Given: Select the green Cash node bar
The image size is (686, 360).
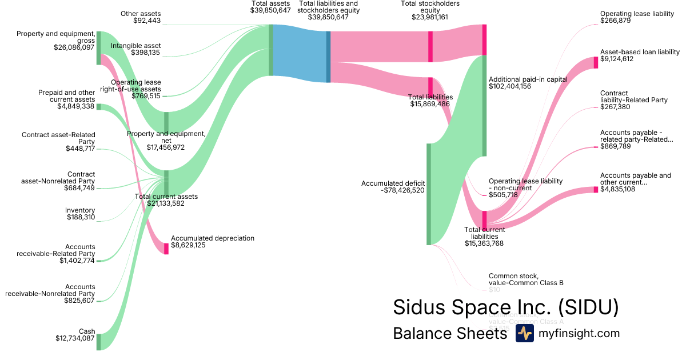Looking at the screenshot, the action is point(98,341).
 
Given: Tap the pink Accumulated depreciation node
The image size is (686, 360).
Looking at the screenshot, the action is point(166,248).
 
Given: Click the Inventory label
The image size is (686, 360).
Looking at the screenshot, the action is point(80,210).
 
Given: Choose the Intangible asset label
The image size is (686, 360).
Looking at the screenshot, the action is point(135,46).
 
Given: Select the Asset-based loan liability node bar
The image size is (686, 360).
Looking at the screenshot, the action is point(596,62).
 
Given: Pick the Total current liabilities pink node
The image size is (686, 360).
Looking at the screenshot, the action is point(484,219).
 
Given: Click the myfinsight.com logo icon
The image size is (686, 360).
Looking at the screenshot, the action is point(524,333).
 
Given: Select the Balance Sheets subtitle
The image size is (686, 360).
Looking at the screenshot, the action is point(450,334).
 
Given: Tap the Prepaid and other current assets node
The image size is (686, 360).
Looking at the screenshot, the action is point(98,107).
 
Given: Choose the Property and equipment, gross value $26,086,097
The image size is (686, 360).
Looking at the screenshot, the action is point(74,47).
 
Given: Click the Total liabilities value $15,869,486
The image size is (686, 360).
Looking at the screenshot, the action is point(431,104).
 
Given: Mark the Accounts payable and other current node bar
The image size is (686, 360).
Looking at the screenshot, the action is point(596,189).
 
